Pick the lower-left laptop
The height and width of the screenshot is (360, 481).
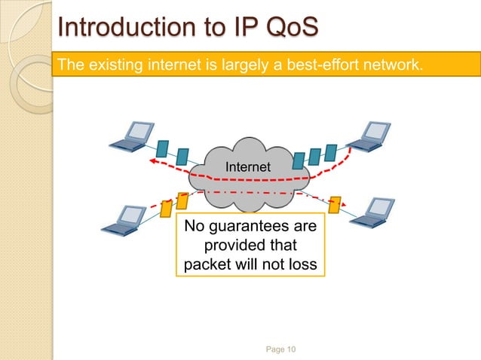(x=127, y=216)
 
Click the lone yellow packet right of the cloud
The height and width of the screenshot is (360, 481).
(x=335, y=204)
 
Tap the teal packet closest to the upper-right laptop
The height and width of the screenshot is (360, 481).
(x=329, y=153)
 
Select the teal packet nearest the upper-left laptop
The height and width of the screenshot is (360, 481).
(x=164, y=147)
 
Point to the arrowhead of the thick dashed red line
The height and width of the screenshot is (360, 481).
(x=151, y=160)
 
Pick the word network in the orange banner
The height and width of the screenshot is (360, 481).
(x=389, y=66)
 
